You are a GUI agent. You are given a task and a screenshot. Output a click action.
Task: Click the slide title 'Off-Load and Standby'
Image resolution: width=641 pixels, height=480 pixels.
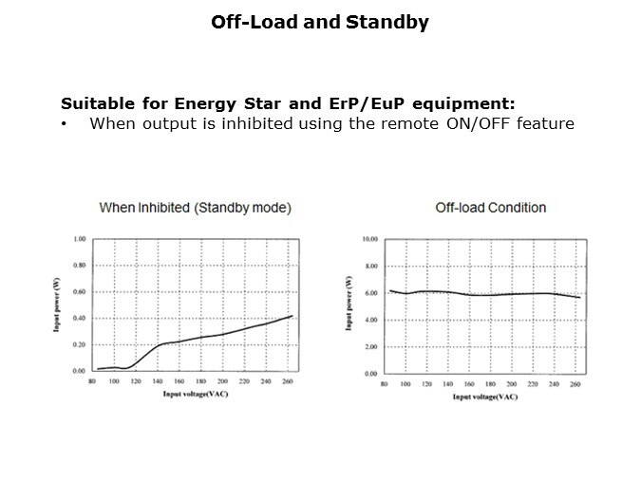[x=320, y=22]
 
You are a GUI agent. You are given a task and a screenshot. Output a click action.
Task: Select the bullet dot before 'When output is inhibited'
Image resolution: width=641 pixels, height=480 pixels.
[x=64, y=123]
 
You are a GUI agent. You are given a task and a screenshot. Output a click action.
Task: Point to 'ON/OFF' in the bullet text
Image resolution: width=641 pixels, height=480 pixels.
[x=471, y=123]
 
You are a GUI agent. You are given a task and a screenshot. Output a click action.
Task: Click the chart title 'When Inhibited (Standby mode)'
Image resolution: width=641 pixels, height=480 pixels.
[x=196, y=207]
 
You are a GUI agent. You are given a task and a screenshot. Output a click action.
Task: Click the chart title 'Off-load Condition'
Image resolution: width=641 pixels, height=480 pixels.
[x=491, y=207]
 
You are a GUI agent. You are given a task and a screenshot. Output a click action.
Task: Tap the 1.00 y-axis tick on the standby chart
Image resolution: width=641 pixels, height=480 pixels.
[x=81, y=239]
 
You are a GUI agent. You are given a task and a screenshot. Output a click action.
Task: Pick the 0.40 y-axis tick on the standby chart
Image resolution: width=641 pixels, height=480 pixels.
[x=81, y=318]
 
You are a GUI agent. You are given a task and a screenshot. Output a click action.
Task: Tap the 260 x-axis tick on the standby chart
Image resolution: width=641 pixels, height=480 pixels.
[x=288, y=381]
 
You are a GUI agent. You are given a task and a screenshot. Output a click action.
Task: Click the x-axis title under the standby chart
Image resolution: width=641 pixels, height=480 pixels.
[x=194, y=393]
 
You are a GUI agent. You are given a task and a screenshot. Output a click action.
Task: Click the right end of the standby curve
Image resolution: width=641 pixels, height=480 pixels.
[x=292, y=316]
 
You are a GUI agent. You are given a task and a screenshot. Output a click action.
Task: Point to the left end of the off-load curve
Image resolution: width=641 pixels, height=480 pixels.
[x=389, y=290]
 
